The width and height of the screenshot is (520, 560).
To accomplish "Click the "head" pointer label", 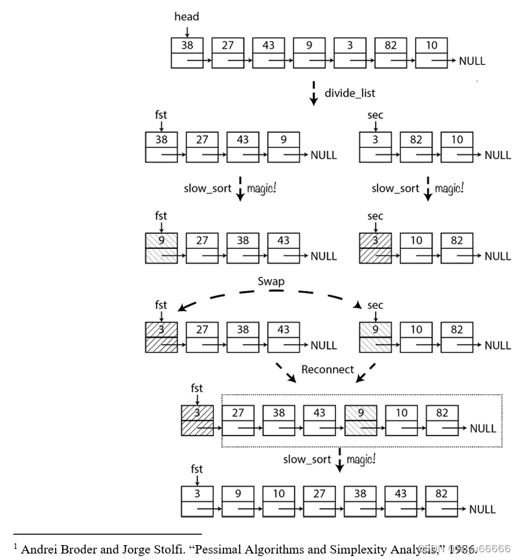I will click(187, 16).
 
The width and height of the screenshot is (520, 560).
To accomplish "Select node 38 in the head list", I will click(187, 52).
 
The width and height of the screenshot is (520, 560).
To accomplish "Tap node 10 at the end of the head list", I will click(431, 52).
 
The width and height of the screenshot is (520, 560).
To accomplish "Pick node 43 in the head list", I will click(268, 52).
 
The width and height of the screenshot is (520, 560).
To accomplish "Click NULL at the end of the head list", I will click(472, 62).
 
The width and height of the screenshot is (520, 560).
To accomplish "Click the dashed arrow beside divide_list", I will click(314, 93).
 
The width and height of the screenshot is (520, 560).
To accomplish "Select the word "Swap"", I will click(271, 281).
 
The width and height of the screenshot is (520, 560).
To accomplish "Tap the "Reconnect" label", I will click(328, 369).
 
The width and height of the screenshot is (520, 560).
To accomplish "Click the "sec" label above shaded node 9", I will click(375, 305).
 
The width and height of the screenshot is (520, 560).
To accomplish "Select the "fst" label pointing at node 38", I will click(161, 115).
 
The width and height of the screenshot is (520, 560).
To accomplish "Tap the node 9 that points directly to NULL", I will click(283, 147).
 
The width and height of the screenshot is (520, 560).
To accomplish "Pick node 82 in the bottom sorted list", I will click(442, 501).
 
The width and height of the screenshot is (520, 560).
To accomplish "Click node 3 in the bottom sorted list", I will click(197, 501).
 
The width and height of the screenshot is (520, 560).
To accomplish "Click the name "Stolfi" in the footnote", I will click(171, 549).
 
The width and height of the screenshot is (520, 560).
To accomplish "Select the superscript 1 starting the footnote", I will click(15, 546).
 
